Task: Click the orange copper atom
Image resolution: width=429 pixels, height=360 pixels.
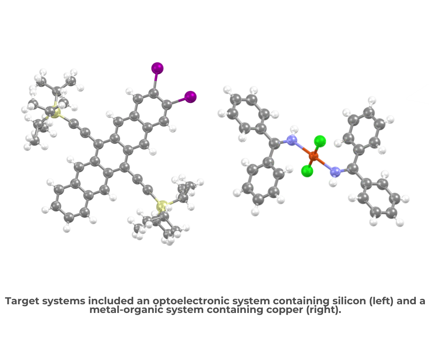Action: coord(314,157)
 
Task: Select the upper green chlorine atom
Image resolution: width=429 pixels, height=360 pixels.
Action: coord(320,141)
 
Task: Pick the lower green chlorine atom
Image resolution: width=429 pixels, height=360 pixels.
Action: coord(307,171)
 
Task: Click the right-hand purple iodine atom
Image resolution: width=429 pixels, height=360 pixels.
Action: coord(190,97)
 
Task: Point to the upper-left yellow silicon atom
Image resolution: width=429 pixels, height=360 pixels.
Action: coord(55,112)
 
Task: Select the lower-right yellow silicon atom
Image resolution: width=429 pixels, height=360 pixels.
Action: coord(162,206)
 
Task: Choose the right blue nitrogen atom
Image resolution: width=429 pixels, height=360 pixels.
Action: coord(335,172)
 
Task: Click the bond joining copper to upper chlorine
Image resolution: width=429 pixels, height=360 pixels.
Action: coord(317,148)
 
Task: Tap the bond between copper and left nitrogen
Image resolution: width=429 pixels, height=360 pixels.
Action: coord(303,148)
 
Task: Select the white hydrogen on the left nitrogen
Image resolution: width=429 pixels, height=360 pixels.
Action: coord(294,129)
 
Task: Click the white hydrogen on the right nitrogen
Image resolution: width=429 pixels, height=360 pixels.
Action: coord(333,183)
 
